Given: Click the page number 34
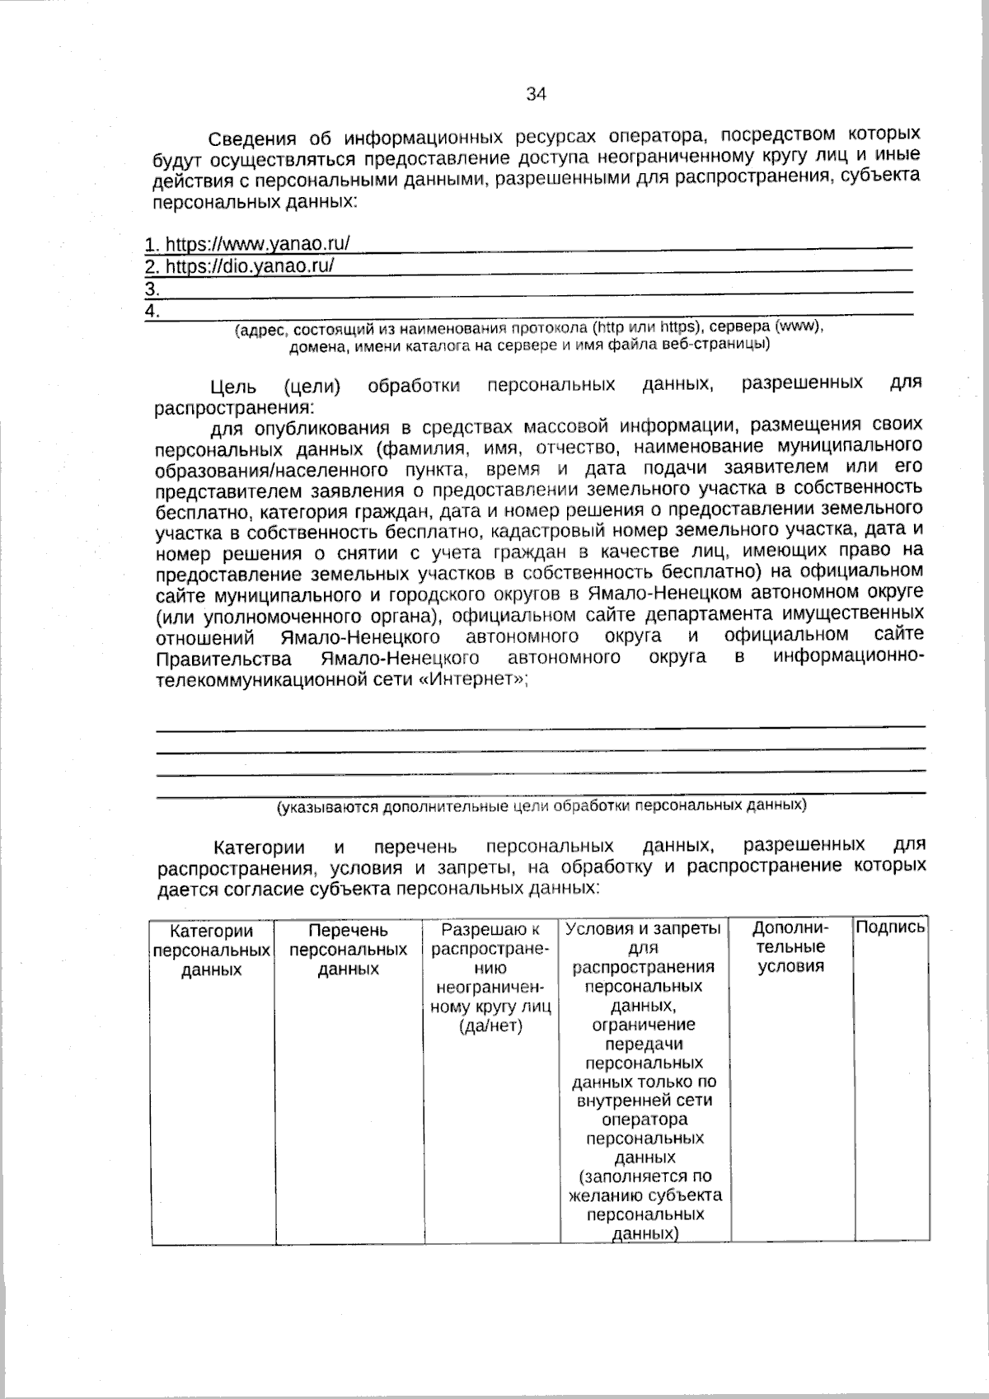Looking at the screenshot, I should [x=536, y=94].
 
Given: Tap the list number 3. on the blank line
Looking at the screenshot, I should [x=152, y=289].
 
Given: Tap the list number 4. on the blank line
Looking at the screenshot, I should [x=152, y=311].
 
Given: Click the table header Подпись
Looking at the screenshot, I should [x=890, y=927].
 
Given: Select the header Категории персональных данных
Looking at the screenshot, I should [x=212, y=950].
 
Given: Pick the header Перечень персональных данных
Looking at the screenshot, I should [x=348, y=950].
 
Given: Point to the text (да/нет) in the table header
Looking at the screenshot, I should [x=491, y=1026].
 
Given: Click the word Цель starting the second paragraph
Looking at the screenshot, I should [x=234, y=387].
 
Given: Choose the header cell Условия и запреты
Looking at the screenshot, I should [x=644, y=929].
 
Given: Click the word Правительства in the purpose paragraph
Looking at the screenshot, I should [x=223, y=660].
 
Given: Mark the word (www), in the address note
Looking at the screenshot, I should [x=799, y=326].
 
